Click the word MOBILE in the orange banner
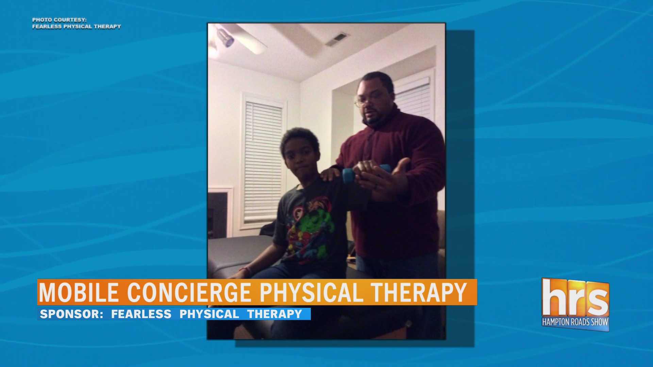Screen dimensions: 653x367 [x=79, y=292]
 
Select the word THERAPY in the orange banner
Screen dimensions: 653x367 [x=419, y=292]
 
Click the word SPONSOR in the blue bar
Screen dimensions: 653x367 [x=71, y=314]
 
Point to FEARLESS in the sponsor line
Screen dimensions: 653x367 [x=141, y=314]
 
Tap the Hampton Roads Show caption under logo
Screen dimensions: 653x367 [x=575, y=322]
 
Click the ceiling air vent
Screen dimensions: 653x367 [x=337, y=39]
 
